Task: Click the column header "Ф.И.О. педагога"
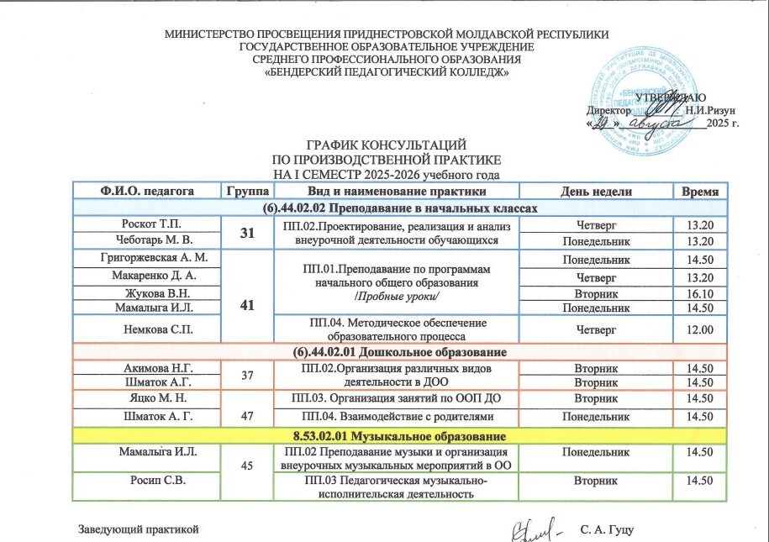[146, 191]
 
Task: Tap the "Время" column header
[700, 191]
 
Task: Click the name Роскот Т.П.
[146, 224]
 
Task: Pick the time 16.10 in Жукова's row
[699, 293]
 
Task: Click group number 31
[247, 232]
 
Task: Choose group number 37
[247, 374]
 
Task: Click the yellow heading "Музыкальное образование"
[398, 437]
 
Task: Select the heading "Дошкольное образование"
[398, 350]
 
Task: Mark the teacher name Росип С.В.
[146, 481]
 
